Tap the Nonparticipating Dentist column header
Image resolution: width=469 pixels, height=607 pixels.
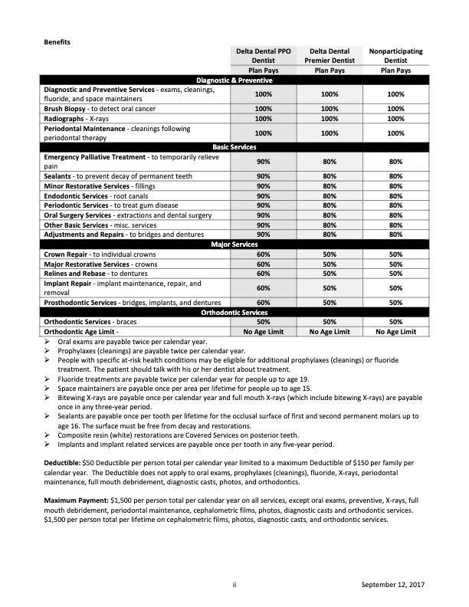coord(395,55)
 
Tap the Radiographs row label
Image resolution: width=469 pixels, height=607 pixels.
coord(65,119)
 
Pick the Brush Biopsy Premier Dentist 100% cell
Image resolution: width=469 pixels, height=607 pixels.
coord(330,110)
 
